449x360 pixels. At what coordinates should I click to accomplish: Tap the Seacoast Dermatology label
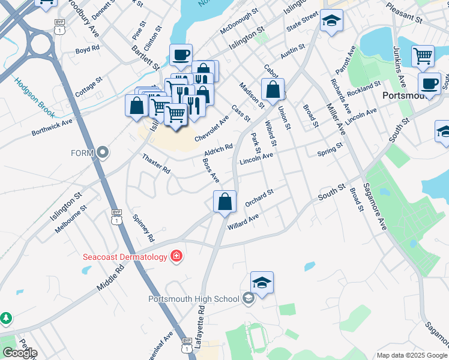[x=124, y=257]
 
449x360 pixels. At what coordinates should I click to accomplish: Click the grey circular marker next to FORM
[x=103, y=153]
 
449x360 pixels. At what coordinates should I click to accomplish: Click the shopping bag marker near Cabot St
[x=273, y=89]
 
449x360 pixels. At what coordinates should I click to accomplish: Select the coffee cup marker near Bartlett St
[x=181, y=55]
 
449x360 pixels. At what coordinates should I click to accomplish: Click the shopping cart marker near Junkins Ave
[x=423, y=56]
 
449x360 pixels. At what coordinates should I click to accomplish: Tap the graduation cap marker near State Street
[x=331, y=22]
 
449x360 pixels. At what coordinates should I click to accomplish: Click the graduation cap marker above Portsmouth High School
[x=262, y=282]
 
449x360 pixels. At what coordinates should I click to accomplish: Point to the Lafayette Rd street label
[x=202, y=324]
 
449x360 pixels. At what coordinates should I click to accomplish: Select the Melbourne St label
[x=71, y=213]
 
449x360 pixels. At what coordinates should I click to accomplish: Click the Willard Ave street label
[x=243, y=222]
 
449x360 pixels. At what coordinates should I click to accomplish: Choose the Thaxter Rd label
[x=156, y=164]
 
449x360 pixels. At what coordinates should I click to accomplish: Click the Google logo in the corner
[x=20, y=353]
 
